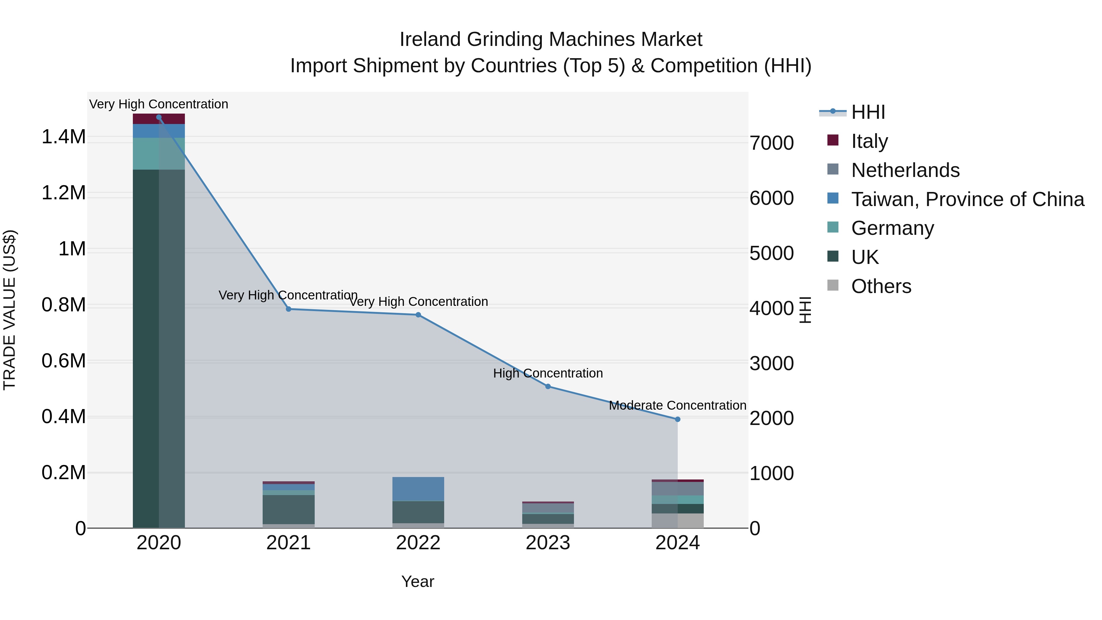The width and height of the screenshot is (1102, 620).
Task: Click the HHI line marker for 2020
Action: [159, 117]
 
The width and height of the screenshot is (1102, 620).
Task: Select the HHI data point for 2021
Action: [288, 309]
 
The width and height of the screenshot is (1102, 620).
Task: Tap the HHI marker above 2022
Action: [418, 315]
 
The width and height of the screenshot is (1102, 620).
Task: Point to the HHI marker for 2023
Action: [548, 386]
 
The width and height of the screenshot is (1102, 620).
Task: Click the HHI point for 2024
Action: [677, 419]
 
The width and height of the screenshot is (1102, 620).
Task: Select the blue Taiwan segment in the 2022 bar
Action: [418, 489]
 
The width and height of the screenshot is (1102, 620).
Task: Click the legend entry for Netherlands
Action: [905, 170]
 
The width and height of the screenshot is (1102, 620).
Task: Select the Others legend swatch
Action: [833, 285]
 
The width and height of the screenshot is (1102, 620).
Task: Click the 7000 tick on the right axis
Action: [771, 143]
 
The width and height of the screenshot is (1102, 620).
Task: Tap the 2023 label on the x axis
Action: [548, 543]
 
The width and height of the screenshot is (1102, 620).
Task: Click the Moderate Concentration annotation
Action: [677, 405]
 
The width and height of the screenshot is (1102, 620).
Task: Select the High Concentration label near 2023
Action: [548, 373]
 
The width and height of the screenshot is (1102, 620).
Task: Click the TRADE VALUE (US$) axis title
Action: [9, 310]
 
